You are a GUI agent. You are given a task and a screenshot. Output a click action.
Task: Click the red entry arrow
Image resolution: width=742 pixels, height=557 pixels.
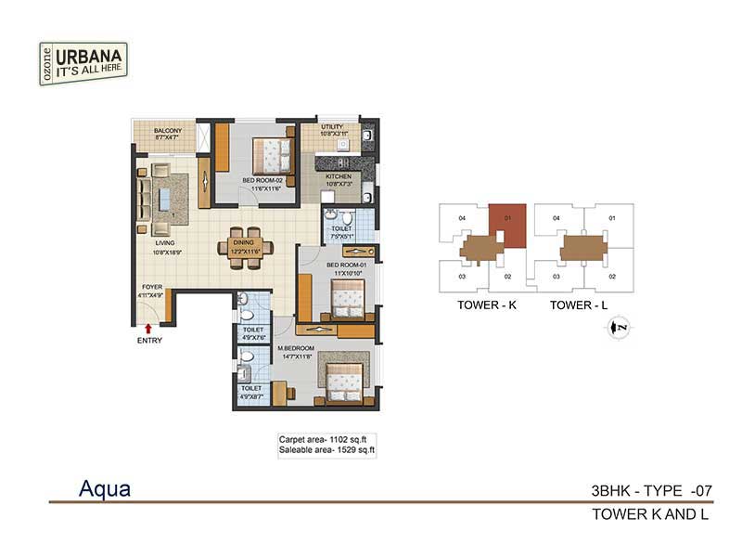(148, 327)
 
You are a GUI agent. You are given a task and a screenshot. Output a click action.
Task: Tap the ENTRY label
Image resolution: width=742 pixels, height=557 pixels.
(149, 341)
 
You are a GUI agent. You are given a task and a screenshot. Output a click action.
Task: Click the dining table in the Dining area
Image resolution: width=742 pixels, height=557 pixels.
(247, 249)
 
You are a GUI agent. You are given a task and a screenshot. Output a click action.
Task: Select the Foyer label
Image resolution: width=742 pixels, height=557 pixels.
(151, 288)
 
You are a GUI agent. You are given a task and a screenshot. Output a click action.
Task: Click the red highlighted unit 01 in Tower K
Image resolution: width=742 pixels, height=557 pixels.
(507, 223)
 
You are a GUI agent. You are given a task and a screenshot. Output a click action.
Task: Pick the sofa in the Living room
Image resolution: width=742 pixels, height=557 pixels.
(143, 198)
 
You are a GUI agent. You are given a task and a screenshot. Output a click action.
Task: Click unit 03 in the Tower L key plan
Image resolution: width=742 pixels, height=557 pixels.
(556, 276)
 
